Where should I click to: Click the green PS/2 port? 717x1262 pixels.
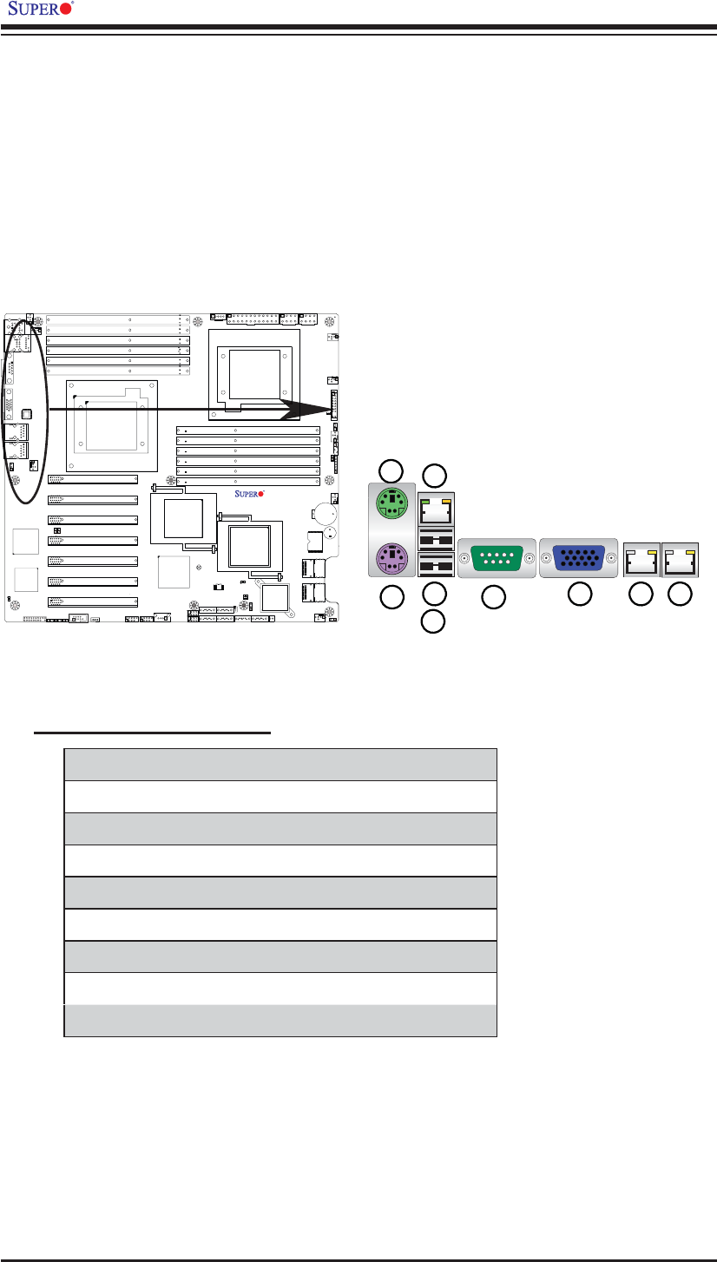392,503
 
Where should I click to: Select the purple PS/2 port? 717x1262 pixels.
391,559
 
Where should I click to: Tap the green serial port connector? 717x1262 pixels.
497,558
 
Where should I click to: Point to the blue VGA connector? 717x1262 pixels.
579,558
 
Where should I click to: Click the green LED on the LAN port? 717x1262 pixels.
425,501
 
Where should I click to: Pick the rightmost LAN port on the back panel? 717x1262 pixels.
680,560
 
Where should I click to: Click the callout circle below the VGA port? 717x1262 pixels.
580,594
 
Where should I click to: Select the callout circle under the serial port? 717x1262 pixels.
493,597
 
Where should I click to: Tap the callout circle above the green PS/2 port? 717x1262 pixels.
391,471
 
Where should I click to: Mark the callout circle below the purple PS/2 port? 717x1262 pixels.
392,597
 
